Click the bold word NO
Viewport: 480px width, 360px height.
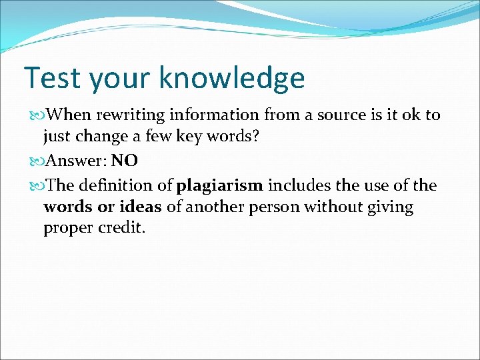coord(124,161)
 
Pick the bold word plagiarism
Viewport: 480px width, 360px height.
coord(220,185)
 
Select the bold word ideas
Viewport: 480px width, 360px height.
coord(140,207)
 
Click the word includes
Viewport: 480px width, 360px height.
coord(295,185)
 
